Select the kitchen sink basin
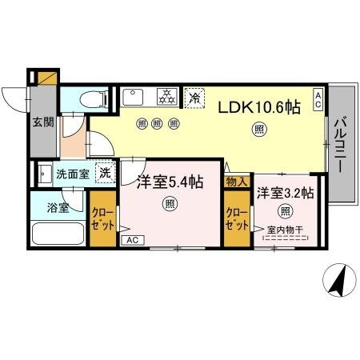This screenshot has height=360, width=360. (x=132, y=97)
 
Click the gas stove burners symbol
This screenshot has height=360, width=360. (x=166, y=97)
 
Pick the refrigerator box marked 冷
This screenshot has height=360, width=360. (x=195, y=98)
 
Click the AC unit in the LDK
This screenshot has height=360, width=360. (x=318, y=99)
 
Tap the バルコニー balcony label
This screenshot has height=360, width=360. (x=339, y=147)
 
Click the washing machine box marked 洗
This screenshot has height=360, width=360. (x=105, y=172)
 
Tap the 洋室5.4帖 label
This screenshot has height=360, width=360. (x=168, y=182)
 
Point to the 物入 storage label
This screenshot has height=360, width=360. (x=238, y=183)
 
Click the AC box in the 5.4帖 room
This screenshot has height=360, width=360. (x=134, y=239)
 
